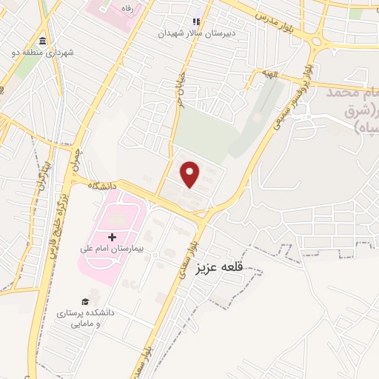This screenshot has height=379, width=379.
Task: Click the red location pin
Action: click(191, 173)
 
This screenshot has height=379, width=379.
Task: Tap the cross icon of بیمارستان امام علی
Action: click(112, 237)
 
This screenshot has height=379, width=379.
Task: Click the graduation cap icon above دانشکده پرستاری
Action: click(85, 301)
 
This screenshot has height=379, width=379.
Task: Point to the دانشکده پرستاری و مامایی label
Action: click(86, 318)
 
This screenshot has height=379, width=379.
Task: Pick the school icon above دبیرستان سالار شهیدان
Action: click(196, 22)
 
